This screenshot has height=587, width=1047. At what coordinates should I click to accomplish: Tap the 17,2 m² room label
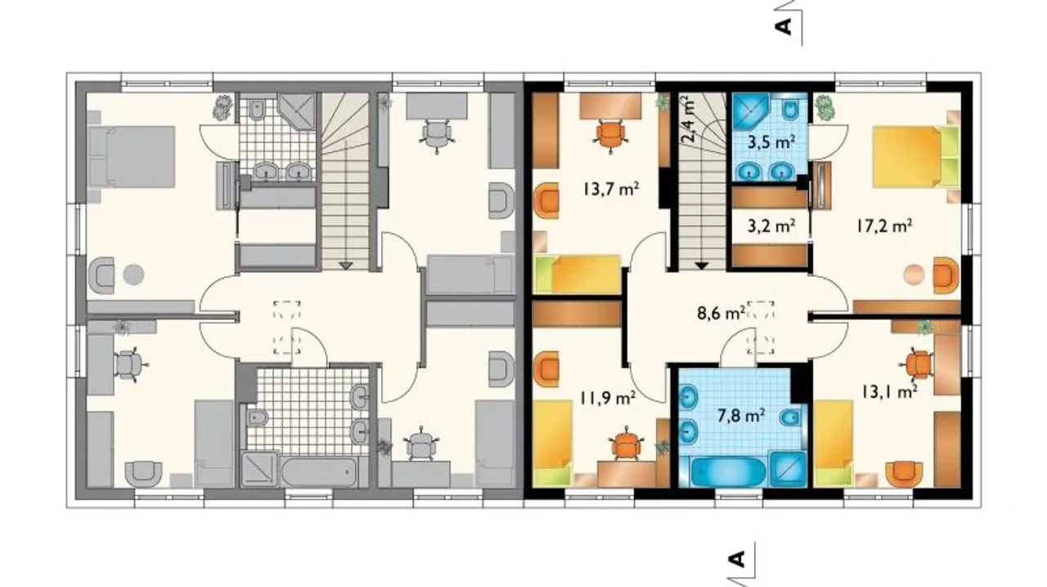(884, 226)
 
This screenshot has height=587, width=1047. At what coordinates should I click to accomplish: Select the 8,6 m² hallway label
(721, 312)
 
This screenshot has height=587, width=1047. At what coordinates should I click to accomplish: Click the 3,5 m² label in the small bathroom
(771, 142)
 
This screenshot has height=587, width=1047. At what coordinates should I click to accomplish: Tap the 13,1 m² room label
(889, 392)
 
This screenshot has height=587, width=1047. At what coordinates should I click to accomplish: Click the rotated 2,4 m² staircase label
(688, 119)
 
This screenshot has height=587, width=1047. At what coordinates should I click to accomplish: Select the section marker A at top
(784, 26)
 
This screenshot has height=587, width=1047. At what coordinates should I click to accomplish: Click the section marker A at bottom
(737, 558)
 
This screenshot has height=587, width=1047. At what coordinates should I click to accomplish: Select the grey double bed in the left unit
(132, 157)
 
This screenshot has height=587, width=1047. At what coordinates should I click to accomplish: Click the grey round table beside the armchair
(133, 275)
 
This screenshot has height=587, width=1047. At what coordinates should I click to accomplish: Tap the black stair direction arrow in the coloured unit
(701, 266)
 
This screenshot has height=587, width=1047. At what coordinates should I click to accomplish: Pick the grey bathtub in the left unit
(319, 473)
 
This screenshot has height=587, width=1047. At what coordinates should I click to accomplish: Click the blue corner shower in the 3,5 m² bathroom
(751, 111)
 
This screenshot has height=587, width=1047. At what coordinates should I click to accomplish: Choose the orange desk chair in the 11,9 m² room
(626, 445)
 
